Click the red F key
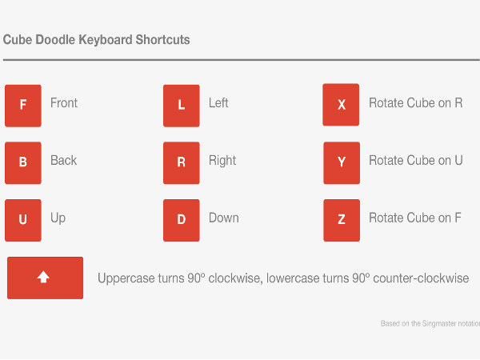tap(22, 105)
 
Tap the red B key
tap(22, 162)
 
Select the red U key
tap(22, 220)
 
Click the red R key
tap(181, 162)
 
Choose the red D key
tap(181, 220)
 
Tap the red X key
tap(341, 105)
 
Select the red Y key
tap(341, 162)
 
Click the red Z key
tap(341, 220)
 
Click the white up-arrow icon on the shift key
tap(44, 277)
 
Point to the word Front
tap(64, 103)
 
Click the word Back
tap(63, 160)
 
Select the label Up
tap(58, 218)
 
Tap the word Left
tap(218, 103)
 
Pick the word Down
tap(223, 218)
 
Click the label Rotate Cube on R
tap(415, 103)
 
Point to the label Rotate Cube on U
tap(415, 160)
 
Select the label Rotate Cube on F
tap(415, 218)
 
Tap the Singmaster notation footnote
tap(430, 324)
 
